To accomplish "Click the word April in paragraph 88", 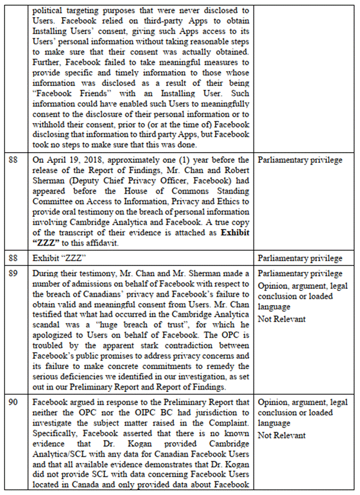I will [55, 160].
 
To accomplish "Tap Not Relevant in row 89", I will [281, 319].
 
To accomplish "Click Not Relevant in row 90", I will [281, 435].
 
